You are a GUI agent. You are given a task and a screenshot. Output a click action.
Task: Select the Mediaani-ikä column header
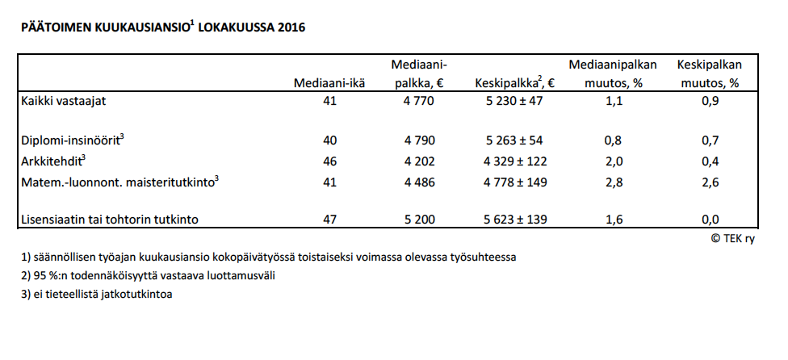pos(329,82)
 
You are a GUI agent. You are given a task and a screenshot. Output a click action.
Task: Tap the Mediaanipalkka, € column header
pos(419,73)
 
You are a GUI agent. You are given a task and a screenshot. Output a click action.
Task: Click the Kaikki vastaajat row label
pos(64,101)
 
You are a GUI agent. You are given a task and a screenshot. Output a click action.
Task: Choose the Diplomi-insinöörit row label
pos(72,140)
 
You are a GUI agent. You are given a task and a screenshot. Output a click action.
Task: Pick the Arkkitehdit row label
pos(54,161)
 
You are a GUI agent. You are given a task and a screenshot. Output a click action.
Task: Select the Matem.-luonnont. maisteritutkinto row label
pos(120,182)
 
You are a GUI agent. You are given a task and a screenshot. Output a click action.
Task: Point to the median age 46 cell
pos(329,161)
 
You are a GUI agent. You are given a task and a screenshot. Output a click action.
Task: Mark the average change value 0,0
pos(710,220)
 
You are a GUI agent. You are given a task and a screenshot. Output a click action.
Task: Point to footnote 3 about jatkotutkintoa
pos(98,295)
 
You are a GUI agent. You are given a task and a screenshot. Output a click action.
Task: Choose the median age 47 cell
pos(329,220)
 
